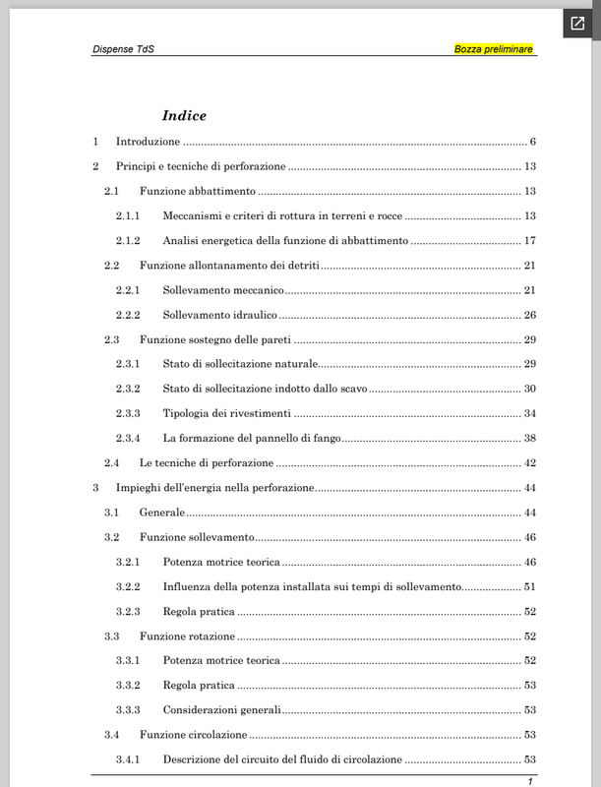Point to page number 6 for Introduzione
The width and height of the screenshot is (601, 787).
click(x=531, y=141)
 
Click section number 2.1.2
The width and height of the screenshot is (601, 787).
click(x=128, y=241)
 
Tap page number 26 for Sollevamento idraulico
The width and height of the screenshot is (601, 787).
click(x=528, y=316)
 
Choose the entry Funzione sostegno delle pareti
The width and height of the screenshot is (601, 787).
click(x=222, y=340)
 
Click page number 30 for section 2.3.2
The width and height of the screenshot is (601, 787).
click(x=528, y=390)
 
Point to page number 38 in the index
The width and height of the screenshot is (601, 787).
click(x=528, y=439)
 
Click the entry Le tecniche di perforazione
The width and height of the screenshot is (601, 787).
click(x=207, y=463)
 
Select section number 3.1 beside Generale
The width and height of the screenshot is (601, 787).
click(x=112, y=513)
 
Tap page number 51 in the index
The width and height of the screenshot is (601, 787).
click(x=528, y=587)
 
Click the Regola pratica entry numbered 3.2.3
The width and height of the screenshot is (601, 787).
click(x=199, y=612)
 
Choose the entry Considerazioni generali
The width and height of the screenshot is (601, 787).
click(x=222, y=710)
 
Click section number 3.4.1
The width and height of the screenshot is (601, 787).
click(x=128, y=759)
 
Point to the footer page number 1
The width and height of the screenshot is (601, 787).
click(x=530, y=781)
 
